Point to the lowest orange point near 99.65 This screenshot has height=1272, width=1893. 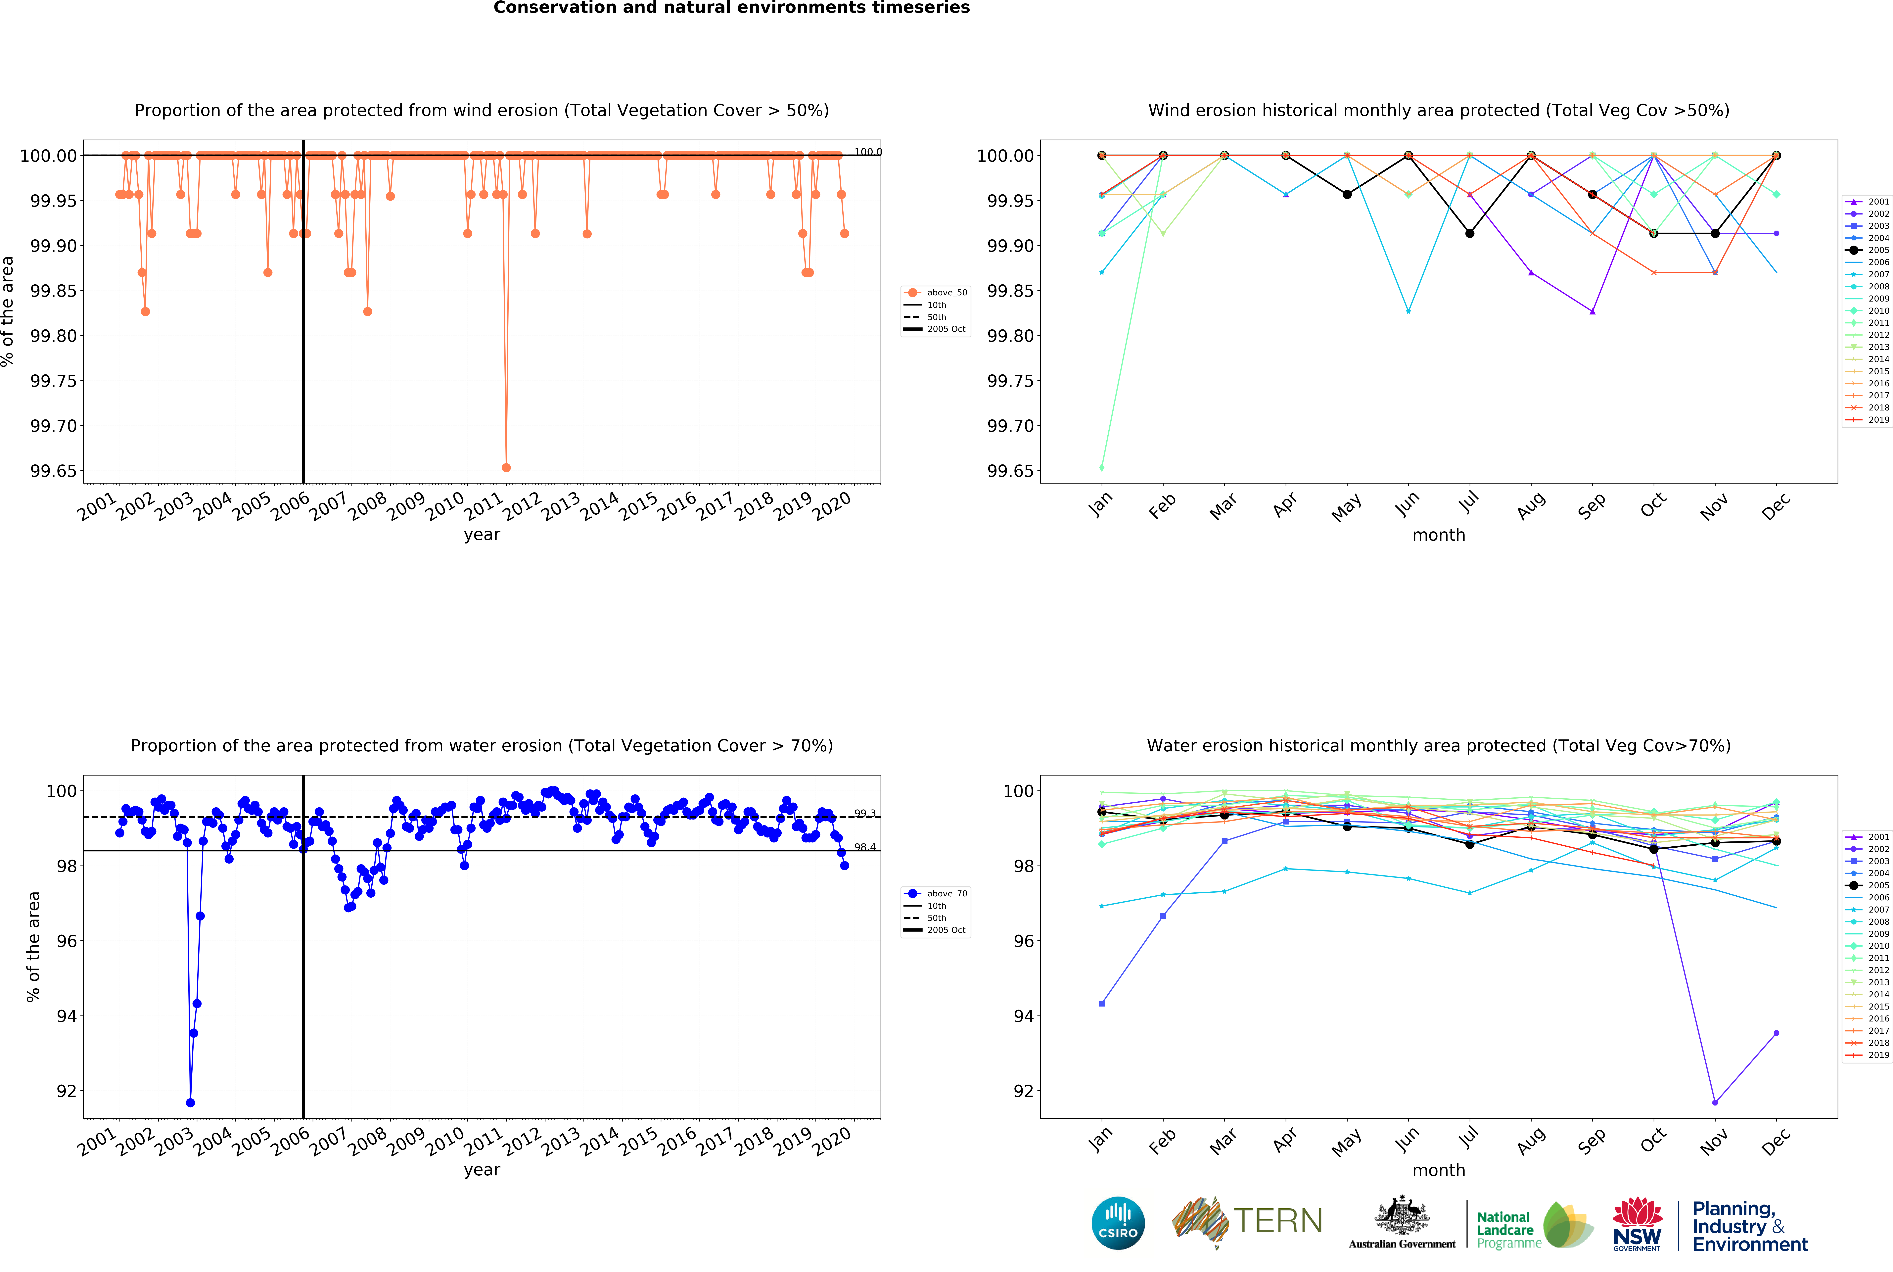pyautogui.click(x=506, y=467)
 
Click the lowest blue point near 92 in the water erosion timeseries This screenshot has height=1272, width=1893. pyautogui.click(x=190, y=1103)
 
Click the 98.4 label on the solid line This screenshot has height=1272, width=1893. pyautogui.click(x=865, y=847)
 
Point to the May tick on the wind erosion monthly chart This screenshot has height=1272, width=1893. pyautogui.click(x=1346, y=507)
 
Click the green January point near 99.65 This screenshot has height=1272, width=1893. pyautogui.click(x=1101, y=467)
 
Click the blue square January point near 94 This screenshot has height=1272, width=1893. pyautogui.click(x=1101, y=1004)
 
